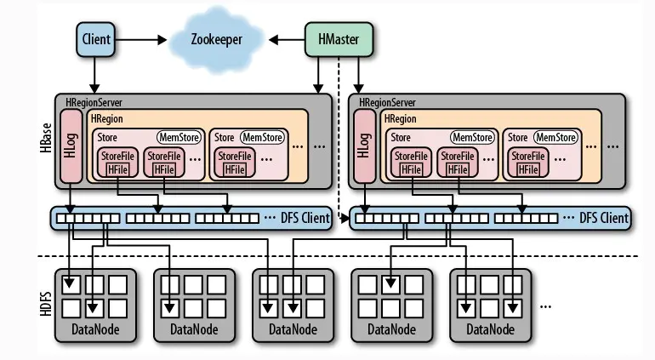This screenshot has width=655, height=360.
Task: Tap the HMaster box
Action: [x=337, y=38]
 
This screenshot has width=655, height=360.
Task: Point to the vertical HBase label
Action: [x=44, y=137]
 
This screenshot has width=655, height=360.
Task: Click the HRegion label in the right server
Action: [x=401, y=119]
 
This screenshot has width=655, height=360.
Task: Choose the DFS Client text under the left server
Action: [x=305, y=219]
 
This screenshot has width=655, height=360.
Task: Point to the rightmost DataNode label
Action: [x=490, y=329]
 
